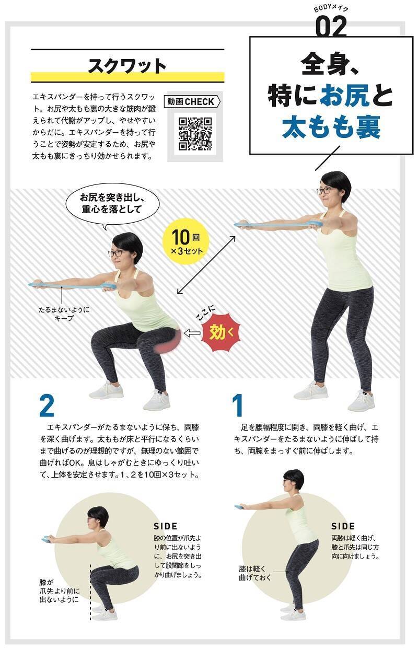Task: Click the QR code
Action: pyautogui.click(x=195, y=134)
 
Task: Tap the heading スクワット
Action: pyautogui.click(x=127, y=66)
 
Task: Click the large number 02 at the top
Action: pyautogui.click(x=331, y=26)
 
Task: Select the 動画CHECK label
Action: pyautogui.click(x=192, y=102)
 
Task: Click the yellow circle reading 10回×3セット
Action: pyautogui.click(x=186, y=242)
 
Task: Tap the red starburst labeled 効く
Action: pyautogui.click(x=222, y=332)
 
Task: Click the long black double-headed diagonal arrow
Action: pyautogui.click(x=206, y=265)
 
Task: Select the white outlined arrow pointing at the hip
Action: pyautogui.click(x=192, y=333)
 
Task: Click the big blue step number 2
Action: pyautogui.click(x=47, y=406)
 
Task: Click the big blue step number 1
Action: pyautogui.click(x=238, y=406)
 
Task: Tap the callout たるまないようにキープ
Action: pyautogui.click(x=64, y=314)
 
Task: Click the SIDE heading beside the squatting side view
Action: pyautogui.click(x=166, y=526)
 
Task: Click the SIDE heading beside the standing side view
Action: pyautogui.click(x=343, y=526)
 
